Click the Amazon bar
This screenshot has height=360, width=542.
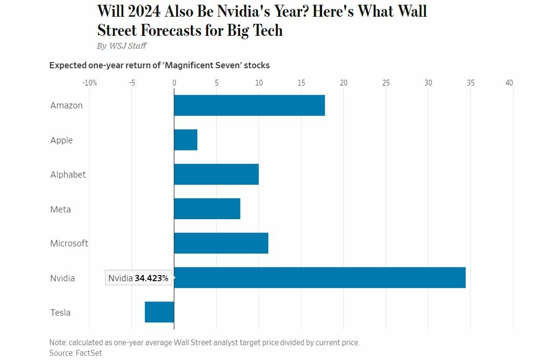(249, 106)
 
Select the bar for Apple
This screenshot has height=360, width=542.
(186, 140)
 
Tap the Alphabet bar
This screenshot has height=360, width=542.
(216, 174)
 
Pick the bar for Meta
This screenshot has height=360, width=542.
(207, 209)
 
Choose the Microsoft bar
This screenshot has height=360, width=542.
(221, 243)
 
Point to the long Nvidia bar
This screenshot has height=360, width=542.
(320, 277)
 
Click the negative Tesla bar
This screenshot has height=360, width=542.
(159, 312)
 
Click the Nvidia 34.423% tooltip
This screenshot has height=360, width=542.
(138, 278)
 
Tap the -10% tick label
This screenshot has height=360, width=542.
(89, 83)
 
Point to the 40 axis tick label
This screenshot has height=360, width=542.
(509, 83)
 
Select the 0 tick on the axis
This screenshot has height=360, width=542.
(174, 83)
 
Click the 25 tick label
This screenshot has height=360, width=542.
(386, 83)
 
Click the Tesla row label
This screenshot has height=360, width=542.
(61, 313)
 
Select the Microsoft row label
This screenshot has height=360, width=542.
(69, 244)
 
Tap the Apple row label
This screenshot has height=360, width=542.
(62, 140)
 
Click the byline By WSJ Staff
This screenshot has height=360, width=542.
(121, 46)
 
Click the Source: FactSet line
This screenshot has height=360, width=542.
(75, 353)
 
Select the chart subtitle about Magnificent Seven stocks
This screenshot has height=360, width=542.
(159, 65)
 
